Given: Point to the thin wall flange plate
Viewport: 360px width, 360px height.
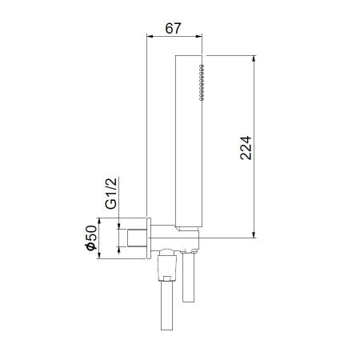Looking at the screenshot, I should point(149,237).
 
